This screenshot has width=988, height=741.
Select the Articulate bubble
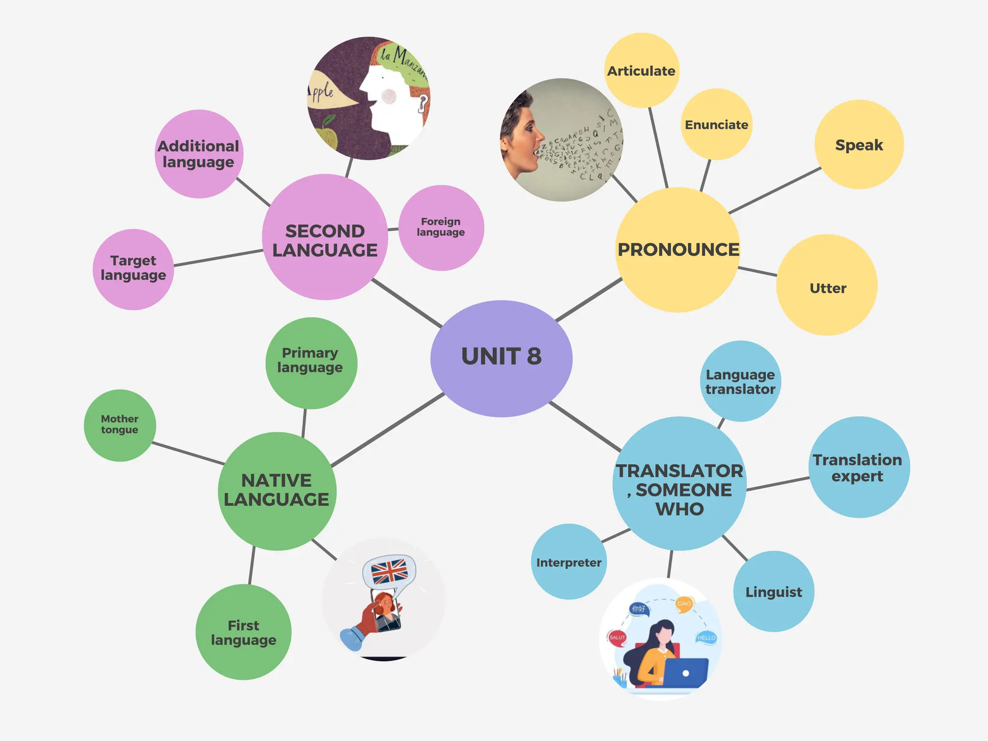click(x=642, y=70)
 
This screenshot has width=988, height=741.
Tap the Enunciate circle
click(x=716, y=124)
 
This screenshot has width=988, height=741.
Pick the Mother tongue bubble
click(x=120, y=425)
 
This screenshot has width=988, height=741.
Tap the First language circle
click(x=244, y=632)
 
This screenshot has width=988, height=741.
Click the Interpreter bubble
click(x=569, y=562)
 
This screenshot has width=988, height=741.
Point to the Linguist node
click(x=774, y=591)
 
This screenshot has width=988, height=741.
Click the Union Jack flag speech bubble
click(x=389, y=571)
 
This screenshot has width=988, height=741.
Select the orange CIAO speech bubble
click(x=684, y=604)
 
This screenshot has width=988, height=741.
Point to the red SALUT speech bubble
click(x=617, y=637)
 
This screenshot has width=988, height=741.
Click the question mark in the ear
click(x=423, y=103)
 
